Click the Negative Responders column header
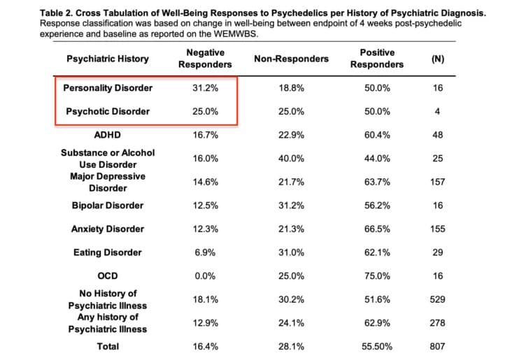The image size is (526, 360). pos(205,59)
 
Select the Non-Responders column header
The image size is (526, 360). pos(291,59)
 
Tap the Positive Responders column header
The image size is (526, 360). pos(377,59)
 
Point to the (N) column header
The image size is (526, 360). pos(438,59)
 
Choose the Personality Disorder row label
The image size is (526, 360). pos(108,88)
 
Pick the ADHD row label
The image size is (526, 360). pos(108,135)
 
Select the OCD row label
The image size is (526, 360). pos(108,275)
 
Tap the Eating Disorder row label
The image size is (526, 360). pos(108,252)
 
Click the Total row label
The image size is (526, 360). pos(108,346)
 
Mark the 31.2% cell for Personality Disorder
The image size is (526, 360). pos(205,88)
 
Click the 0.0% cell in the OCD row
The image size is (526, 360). pos(205,275)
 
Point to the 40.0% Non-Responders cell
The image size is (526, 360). pos(291,159)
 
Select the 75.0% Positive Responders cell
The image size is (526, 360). pos(377,275)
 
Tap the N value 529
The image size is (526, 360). pos(438,299)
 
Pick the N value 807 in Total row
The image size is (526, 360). pos(438,346)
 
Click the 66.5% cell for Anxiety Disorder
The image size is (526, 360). pos(377,229)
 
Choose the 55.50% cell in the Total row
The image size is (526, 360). pos(377,346)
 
